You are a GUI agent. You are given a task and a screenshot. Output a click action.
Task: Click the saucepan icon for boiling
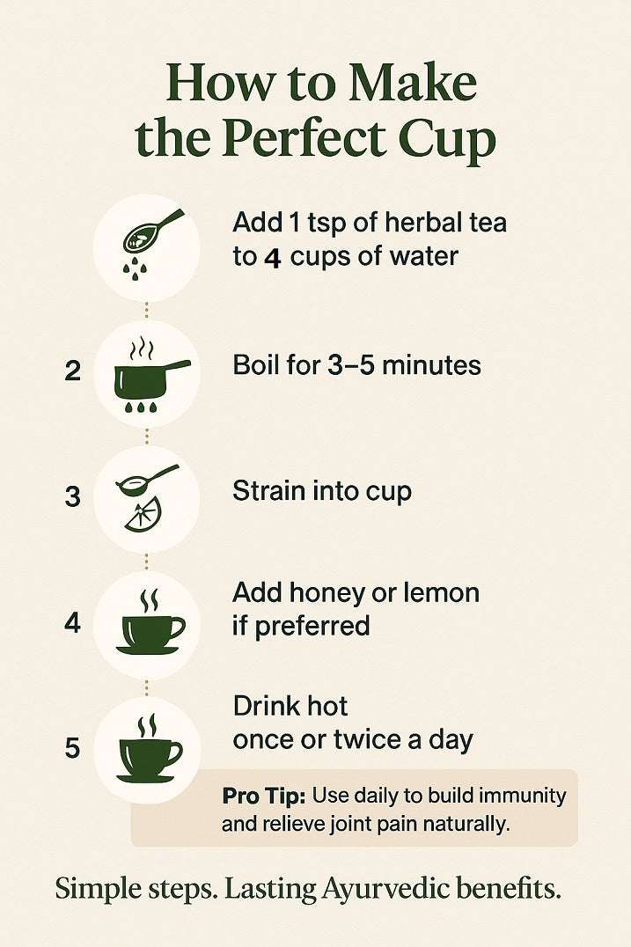(x=151, y=374)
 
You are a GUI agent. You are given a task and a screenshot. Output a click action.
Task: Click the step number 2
(x=72, y=371)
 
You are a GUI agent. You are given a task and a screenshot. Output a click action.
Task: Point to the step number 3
(x=72, y=496)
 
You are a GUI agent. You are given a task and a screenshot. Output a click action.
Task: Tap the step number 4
(x=72, y=622)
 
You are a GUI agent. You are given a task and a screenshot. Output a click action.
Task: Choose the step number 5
(x=72, y=748)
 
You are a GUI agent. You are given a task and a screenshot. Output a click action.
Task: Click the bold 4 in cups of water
(x=273, y=258)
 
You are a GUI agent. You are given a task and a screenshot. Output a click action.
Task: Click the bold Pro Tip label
(x=264, y=796)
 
